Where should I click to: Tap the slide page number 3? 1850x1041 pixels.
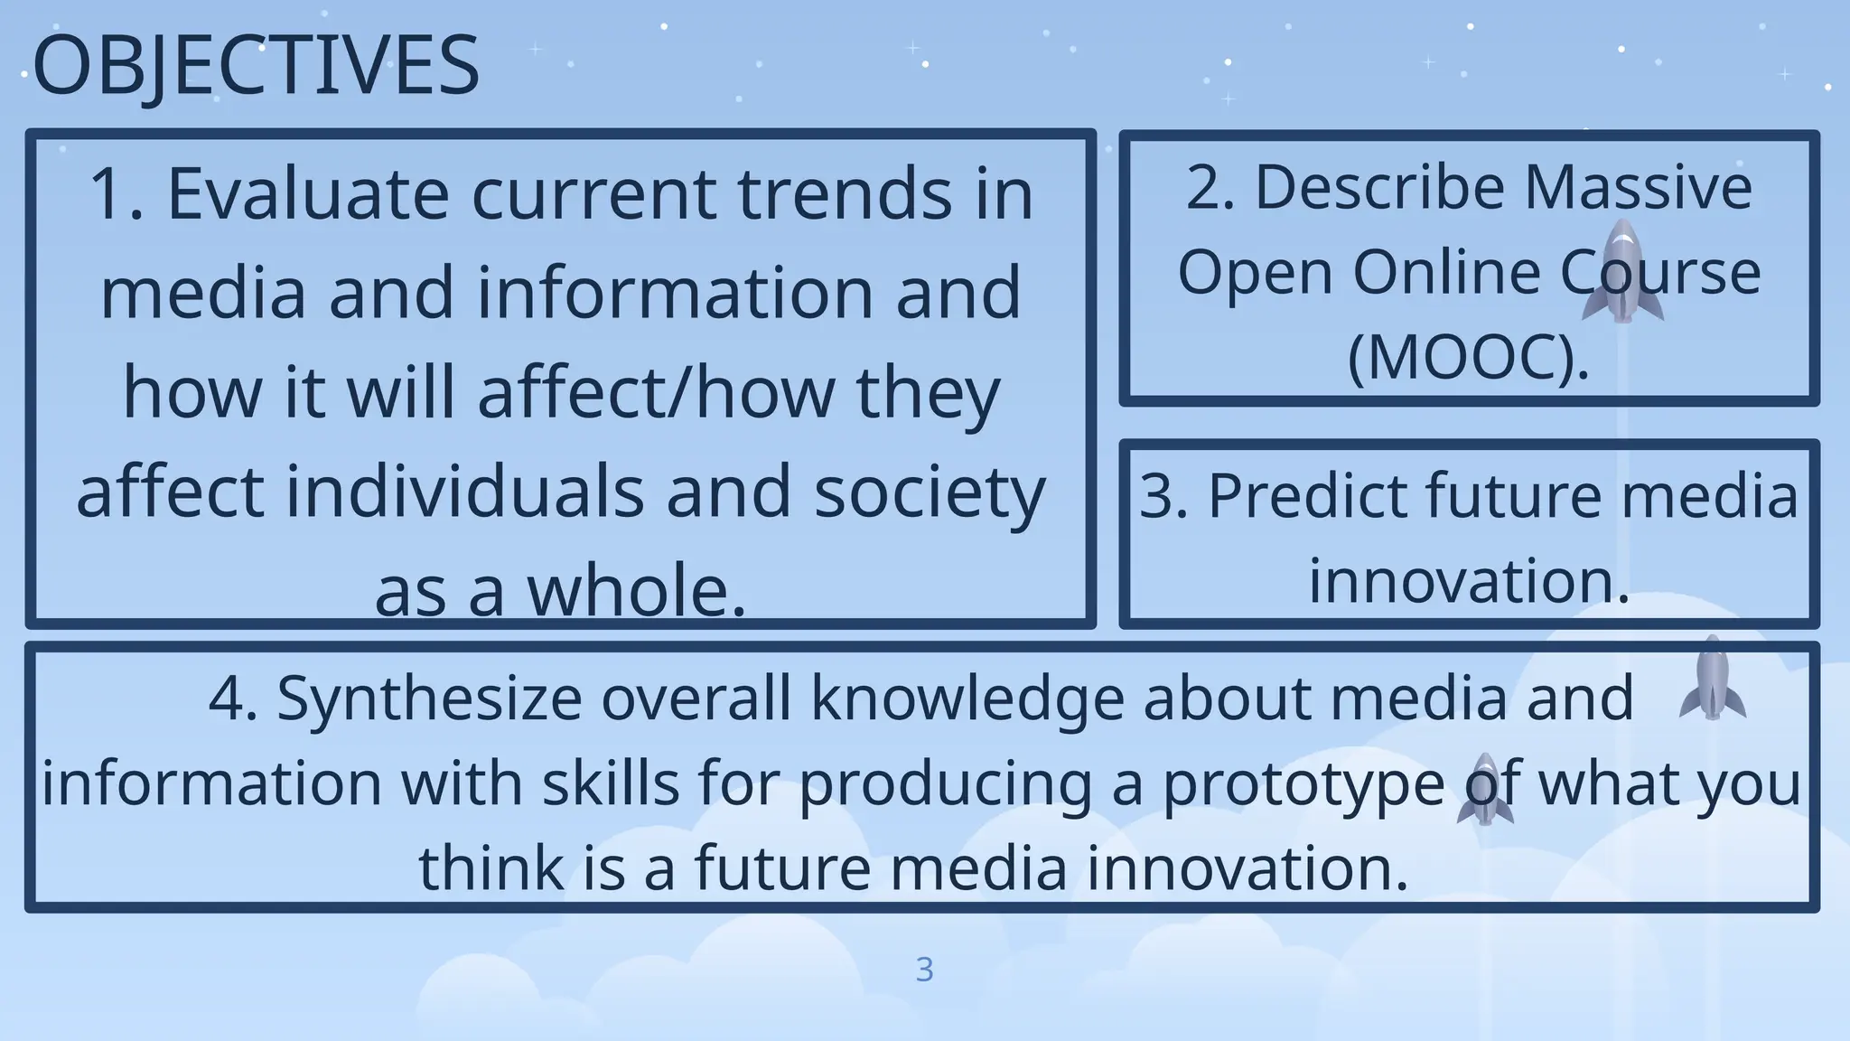tap(924, 970)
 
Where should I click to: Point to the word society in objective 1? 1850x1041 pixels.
tap(930, 492)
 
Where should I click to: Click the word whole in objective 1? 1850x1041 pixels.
tap(637, 591)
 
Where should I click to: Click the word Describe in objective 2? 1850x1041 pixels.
tap(1381, 187)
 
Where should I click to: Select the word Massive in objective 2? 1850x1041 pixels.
tap(1639, 187)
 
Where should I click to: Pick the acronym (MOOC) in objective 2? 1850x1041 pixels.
tap(1468, 357)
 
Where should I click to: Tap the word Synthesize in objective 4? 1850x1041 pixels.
tap(429, 698)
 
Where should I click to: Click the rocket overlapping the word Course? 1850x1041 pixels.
tap(1622, 271)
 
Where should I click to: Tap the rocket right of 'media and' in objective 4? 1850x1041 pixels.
tap(1712, 679)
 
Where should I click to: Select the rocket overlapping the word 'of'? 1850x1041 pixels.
tap(1485, 789)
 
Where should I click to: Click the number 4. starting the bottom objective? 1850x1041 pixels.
tap(232, 698)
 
